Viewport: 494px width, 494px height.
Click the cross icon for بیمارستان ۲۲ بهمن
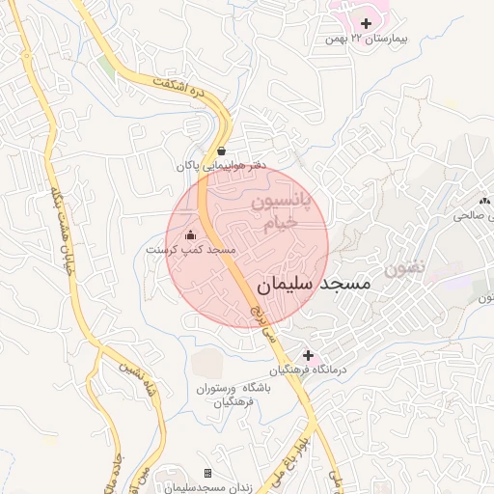click(366, 22)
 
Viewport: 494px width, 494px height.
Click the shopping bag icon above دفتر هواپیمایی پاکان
click(222, 151)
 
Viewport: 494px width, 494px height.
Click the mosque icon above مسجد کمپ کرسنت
click(190, 234)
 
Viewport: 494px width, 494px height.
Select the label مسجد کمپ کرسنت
click(191, 250)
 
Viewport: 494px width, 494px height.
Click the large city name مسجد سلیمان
click(315, 286)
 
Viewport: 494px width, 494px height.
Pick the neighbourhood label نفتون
click(403, 269)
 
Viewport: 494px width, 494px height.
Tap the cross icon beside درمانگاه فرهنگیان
click(308, 355)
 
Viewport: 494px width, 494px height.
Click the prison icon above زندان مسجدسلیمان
click(207, 473)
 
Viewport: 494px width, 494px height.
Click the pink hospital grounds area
click(352, 12)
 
